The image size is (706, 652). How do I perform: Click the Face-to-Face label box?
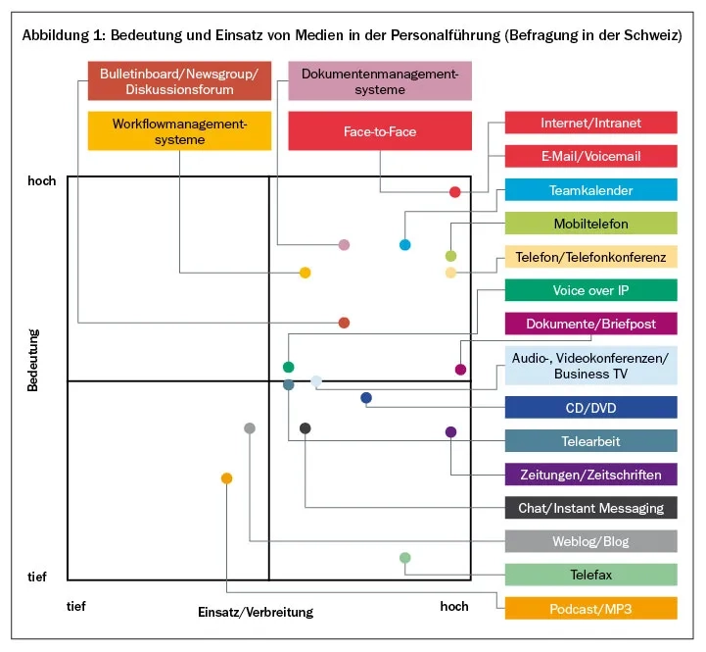(380, 131)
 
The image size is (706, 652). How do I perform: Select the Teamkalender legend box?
(590, 190)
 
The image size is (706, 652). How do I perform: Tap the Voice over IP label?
(590, 290)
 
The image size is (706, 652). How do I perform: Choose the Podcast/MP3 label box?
(590, 609)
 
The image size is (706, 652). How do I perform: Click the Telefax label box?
(590, 575)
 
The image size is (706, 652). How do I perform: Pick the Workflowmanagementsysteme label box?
(179, 131)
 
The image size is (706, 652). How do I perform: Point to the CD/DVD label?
(590, 408)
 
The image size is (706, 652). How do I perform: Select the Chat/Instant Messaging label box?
(590, 508)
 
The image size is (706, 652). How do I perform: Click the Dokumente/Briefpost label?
(590, 324)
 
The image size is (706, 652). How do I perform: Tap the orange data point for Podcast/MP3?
(227, 478)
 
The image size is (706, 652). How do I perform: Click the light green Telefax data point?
(405, 558)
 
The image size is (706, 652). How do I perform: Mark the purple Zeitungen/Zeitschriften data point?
(450, 431)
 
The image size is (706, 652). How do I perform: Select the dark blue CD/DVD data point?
(366, 398)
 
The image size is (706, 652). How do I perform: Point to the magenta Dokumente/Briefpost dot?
(460, 370)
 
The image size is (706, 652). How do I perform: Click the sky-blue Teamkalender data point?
(404, 244)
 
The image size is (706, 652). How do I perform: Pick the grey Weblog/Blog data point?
(250, 428)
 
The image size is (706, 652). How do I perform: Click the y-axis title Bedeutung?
(32, 360)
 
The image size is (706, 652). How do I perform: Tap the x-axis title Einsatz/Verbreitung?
(255, 612)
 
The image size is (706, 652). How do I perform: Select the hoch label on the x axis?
(454, 606)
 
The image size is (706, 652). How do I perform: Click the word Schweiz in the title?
(650, 35)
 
